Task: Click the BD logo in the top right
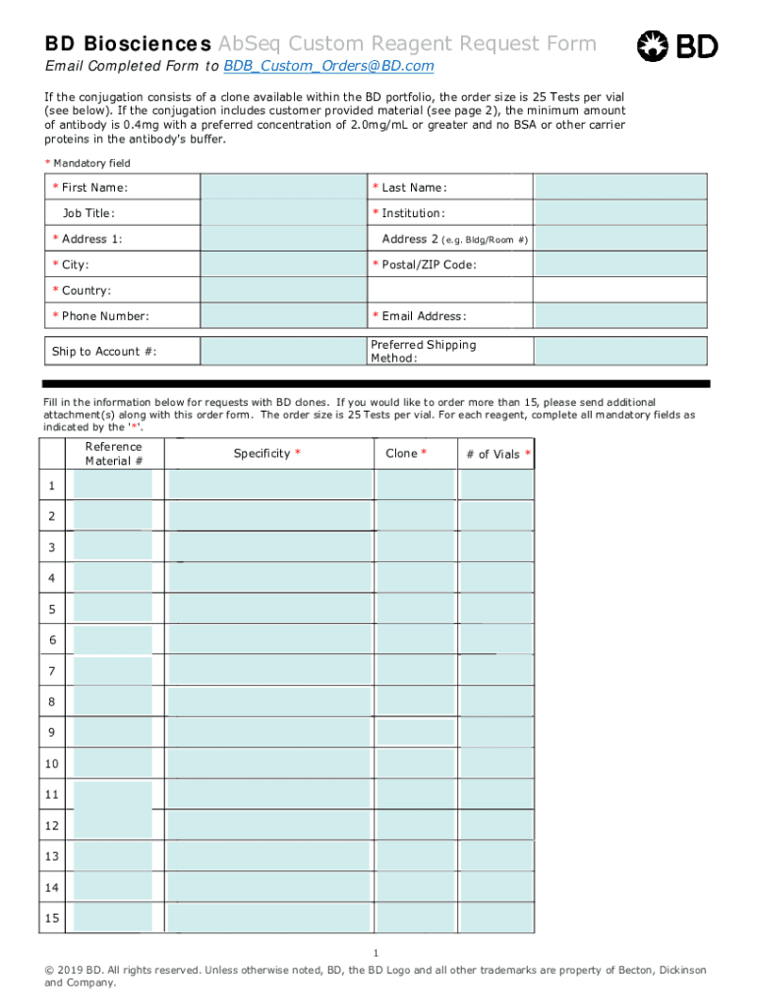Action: coord(678,45)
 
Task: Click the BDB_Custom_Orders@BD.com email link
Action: coord(328,66)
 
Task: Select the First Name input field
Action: coord(283,187)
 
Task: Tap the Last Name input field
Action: coord(619,187)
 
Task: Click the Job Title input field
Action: coord(283,213)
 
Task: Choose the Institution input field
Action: coord(619,213)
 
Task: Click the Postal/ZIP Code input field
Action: coord(619,264)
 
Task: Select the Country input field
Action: coord(283,290)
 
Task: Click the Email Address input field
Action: coord(619,315)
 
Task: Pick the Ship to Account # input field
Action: coord(283,352)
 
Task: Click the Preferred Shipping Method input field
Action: coord(619,352)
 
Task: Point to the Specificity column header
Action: coord(266,453)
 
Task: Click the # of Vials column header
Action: coord(496,454)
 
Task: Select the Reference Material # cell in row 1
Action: coord(113,484)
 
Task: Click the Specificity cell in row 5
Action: coord(269,608)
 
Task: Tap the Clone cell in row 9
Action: coord(415,732)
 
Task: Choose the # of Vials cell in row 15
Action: coord(496,918)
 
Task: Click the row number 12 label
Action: coord(52,825)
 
